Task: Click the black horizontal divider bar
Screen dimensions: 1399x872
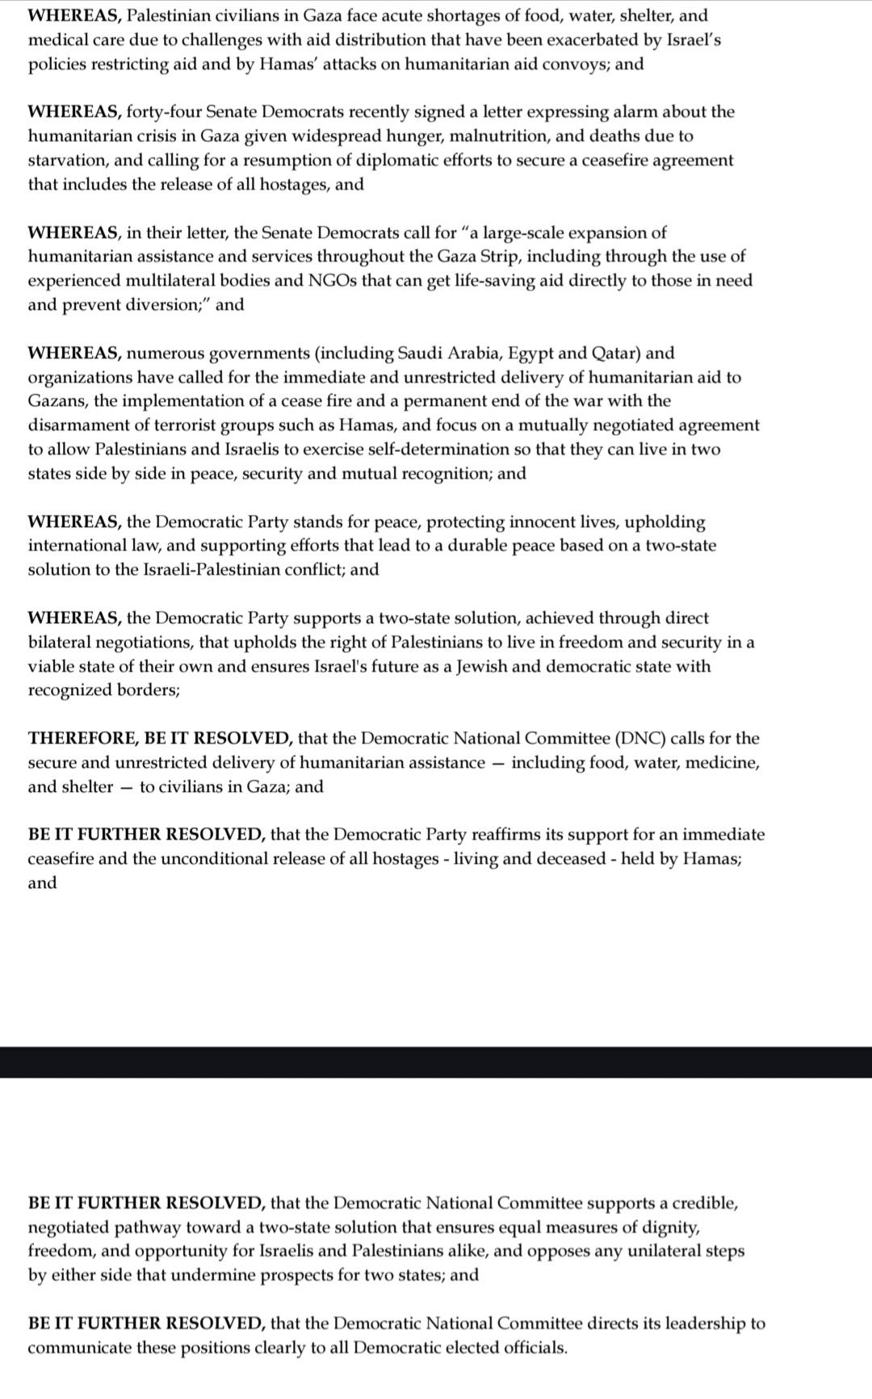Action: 436,1062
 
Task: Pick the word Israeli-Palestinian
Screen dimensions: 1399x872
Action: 221,570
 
